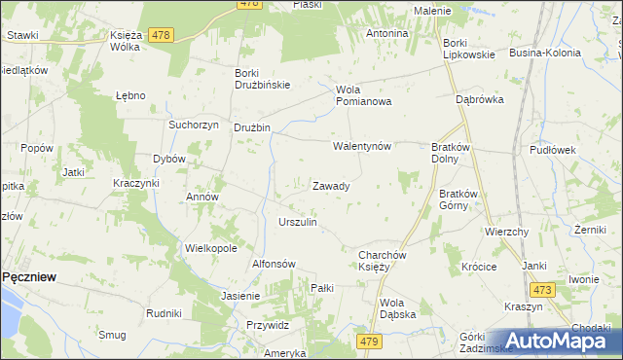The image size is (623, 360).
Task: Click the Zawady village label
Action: pos(331,185)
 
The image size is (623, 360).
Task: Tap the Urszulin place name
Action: pos(298,222)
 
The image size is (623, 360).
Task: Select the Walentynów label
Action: pos(362,147)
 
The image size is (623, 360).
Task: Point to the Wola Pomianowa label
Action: pos(363,95)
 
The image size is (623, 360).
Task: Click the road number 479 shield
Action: pos(369,342)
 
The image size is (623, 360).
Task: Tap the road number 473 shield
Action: pos(542,290)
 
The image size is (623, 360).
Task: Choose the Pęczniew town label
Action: pos(28,276)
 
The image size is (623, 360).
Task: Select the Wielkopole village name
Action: pos(211,248)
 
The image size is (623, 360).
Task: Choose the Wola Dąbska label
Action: pos(398,308)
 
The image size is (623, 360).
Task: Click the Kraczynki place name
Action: pos(135,183)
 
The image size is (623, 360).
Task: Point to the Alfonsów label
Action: pos(274,264)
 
